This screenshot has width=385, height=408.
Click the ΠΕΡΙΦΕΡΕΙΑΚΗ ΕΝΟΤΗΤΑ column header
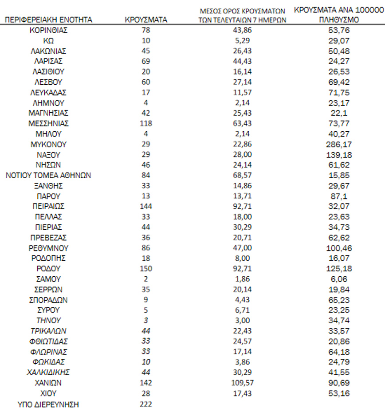click(x=48, y=20)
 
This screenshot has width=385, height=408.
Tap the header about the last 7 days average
click(x=242, y=15)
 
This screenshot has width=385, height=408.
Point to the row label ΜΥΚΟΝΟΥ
click(x=48, y=145)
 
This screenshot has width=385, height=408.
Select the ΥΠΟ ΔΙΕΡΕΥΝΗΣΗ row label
click(x=48, y=404)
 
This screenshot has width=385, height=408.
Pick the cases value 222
click(x=145, y=404)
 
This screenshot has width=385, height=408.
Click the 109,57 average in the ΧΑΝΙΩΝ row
click(x=242, y=383)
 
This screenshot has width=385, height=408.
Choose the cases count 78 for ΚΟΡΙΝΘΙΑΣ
click(x=145, y=30)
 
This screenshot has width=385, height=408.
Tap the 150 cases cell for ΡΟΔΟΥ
click(x=145, y=269)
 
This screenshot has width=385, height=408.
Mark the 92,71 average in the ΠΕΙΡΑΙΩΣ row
click(x=242, y=207)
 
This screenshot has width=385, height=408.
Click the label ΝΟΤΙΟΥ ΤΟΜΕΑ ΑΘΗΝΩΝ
click(x=48, y=176)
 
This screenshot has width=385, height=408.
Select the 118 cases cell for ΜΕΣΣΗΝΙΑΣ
click(x=145, y=123)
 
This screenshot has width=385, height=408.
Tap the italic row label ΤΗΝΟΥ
click(x=48, y=321)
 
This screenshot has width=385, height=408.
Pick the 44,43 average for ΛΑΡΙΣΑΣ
click(x=242, y=61)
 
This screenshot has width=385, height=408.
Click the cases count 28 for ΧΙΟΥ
click(x=145, y=393)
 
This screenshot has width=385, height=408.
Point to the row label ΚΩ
click(x=48, y=40)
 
